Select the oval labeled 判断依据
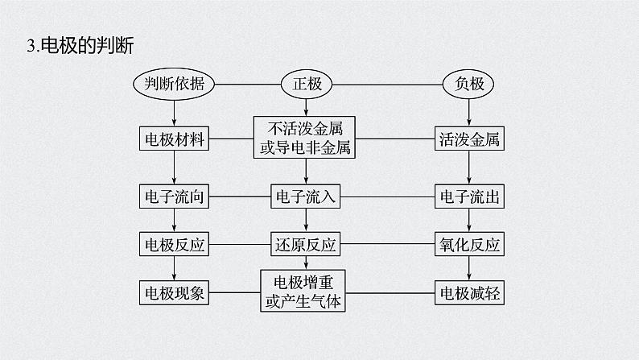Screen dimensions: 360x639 pyautogui.click(x=174, y=83)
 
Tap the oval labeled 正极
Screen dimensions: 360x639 pyautogui.click(x=305, y=83)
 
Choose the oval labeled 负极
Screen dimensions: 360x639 pyautogui.click(x=468, y=83)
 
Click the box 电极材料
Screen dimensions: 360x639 pyautogui.click(x=174, y=139)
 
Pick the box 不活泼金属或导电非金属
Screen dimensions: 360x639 pyautogui.click(x=305, y=139)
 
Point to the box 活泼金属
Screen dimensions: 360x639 pyautogui.click(x=470, y=139)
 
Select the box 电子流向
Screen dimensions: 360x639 pyautogui.click(x=174, y=196)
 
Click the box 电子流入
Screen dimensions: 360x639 pyautogui.click(x=305, y=196)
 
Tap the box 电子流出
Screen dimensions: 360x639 pyautogui.click(x=470, y=196)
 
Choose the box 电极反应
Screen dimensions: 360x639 pyautogui.click(x=174, y=244)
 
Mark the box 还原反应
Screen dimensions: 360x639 pyautogui.click(x=305, y=244)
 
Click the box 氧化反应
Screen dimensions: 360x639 pyautogui.click(x=470, y=244)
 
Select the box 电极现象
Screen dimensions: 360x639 pyautogui.click(x=174, y=292)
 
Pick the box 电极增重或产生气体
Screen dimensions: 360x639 pyautogui.click(x=305, y=292)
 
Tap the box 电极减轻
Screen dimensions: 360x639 pyautogui.click(x=470, y=292)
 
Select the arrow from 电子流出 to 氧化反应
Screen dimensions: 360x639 pyautogui.click(x=470, y=220)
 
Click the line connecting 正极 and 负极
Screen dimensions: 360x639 pyautogui.click(x=386, y=83)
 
